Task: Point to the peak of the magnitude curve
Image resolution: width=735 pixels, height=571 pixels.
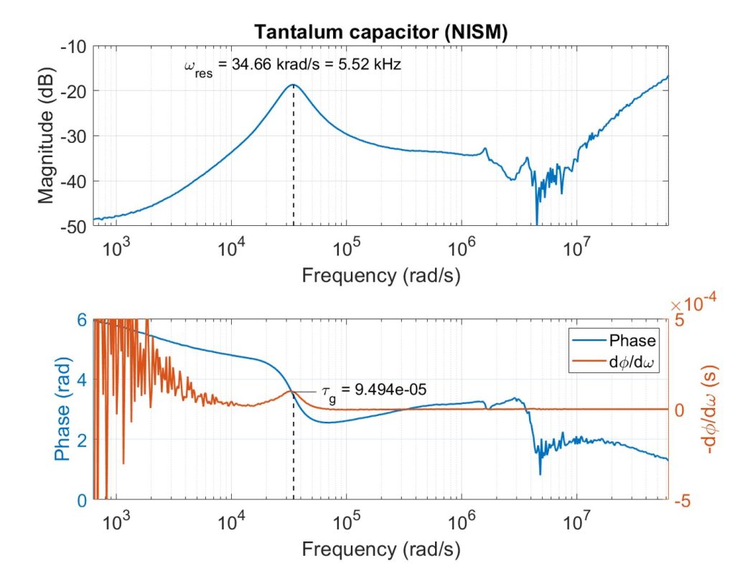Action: [x=293, y=85]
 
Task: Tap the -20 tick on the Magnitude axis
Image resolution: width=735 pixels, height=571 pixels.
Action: [x=75, y=91]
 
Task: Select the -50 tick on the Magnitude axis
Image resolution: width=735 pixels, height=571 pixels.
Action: [x=75, y=227]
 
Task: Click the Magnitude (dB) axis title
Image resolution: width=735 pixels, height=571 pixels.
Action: [x=45, y=136]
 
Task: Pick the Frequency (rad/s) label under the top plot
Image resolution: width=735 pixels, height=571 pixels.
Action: [x=380, y=275]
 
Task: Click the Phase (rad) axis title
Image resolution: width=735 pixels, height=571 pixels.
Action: [x=64, y=410]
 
